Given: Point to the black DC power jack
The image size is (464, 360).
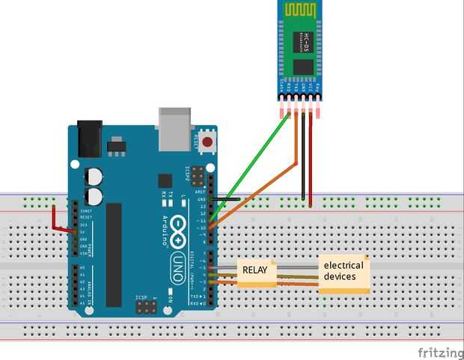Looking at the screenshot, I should pyautogui.click(x=89, y=138).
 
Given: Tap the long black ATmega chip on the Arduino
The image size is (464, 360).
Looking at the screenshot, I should pyautogui.click(x=113, y=254).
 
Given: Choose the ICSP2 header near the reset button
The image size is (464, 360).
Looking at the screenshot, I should pyautogui.click(x=198, y=177).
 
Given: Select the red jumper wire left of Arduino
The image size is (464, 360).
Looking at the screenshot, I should pyautogui.click(x=57, y=220).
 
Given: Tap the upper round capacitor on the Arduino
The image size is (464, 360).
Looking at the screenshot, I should pyautogui.click(x=94, y=177).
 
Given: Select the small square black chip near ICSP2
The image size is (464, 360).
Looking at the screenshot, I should pyautogui.click(x=164, y=181).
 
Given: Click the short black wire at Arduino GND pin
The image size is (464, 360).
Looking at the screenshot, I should pyautogui.click(x=228, y=199).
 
